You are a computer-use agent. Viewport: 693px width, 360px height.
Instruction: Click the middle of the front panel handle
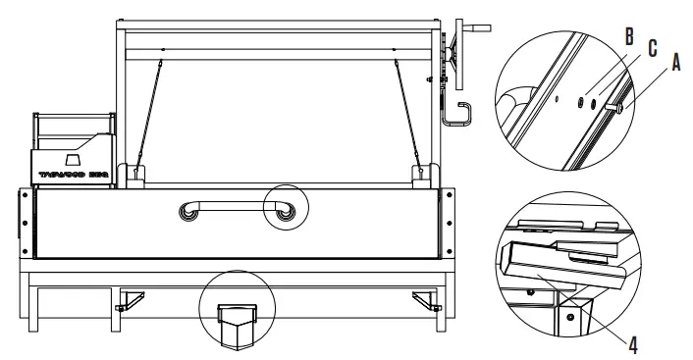pos(235,206)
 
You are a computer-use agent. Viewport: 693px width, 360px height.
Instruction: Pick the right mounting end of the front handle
pos(285,213)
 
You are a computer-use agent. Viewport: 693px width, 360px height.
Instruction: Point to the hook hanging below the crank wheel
pos(457,113)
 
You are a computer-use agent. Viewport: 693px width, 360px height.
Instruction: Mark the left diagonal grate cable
pos(148,113)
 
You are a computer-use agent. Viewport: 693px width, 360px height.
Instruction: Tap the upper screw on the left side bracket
pos(23,195)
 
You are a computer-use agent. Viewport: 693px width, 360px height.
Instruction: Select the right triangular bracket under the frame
pos(424,299)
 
